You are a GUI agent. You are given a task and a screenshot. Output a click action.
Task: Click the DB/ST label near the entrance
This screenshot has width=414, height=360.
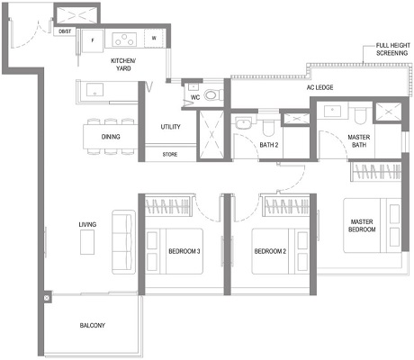(65, 31)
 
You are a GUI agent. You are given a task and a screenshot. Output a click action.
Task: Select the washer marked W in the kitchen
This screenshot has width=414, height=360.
(154, 39)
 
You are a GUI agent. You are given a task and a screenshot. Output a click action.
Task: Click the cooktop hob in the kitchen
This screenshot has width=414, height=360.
(123, 39)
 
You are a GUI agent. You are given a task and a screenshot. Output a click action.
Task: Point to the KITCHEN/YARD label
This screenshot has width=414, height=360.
(123, 65)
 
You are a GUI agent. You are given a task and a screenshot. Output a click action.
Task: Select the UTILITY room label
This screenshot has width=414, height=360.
(171, 128)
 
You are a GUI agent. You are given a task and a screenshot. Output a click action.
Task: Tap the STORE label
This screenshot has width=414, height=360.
(170, 155)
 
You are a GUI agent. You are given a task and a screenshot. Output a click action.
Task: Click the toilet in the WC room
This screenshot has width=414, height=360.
(211, 96)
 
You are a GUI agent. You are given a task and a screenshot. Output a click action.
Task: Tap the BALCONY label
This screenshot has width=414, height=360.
(92, 325)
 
